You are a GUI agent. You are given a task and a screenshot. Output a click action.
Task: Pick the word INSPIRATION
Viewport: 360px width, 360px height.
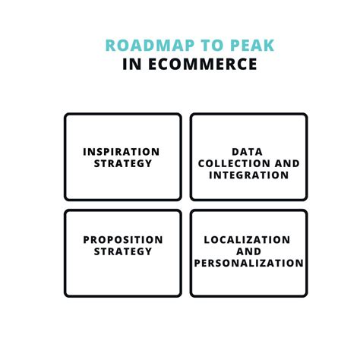click(x=122, y=151)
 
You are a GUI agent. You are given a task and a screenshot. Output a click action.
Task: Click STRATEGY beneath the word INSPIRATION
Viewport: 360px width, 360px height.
click(x=122, y=163)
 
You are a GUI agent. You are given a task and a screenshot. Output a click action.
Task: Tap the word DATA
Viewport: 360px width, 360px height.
click(x=248, y=151)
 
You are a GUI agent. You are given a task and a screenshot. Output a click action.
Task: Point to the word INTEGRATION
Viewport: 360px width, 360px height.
click(x=248, y=175)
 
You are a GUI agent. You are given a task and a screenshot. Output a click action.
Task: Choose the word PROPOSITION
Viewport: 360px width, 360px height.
click(x=122, y=240)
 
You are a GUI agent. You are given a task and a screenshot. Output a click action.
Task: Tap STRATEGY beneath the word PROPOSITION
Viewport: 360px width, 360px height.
click(x=122, y=251)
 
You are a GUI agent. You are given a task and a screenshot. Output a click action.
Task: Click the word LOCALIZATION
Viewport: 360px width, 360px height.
click(x=248, y=240)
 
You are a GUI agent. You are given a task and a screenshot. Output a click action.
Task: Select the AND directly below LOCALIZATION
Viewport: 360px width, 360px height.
click(x=248, y=251)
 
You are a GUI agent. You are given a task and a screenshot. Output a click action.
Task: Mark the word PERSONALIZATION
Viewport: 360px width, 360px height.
click(x=248, y=264)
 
